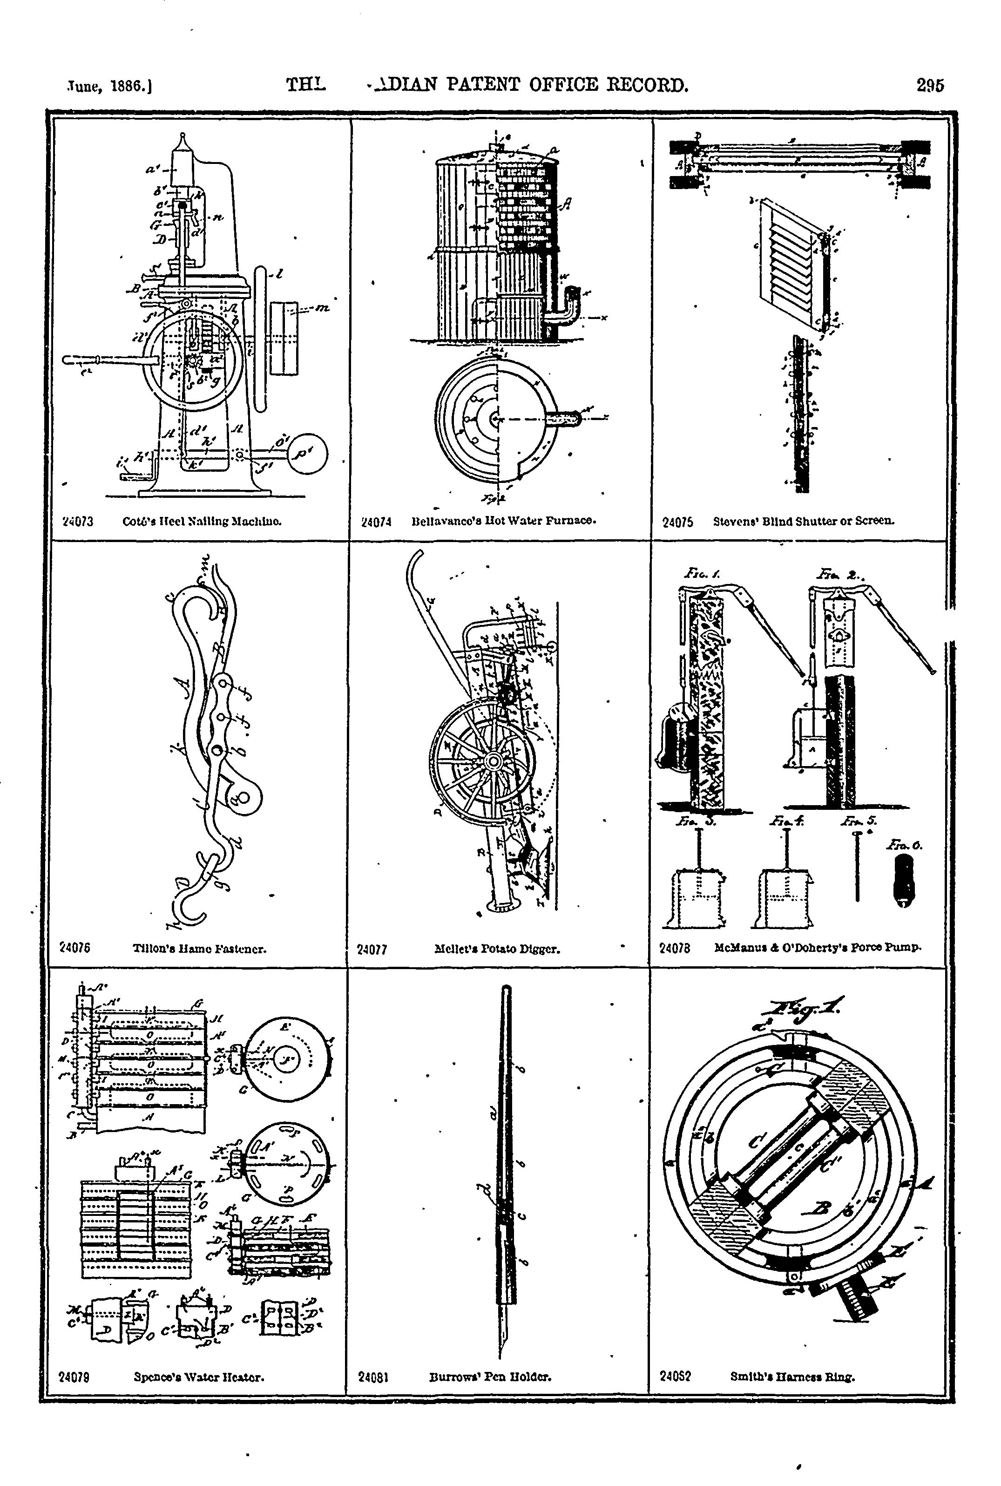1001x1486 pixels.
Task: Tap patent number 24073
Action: tap(78, 521)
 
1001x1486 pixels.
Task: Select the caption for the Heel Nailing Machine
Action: tap(202, 521)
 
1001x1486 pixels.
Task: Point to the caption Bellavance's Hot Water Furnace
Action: tap(504, 521)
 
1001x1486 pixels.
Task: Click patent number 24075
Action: tap(677, 522)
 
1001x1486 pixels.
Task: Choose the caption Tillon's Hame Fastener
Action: tap(199, 949)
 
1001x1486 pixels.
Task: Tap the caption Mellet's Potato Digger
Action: tap(497, 949)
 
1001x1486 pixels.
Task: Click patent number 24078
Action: tap(674, 948)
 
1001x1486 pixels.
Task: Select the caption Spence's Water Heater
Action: tap(199, 1377)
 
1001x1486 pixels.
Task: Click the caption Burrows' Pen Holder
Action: tap(490, 1377)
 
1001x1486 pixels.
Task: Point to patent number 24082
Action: tap(675, 1377)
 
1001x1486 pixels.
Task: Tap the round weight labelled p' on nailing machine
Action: tap(308, 454)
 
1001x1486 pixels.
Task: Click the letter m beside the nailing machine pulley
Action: tap(323, 309)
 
